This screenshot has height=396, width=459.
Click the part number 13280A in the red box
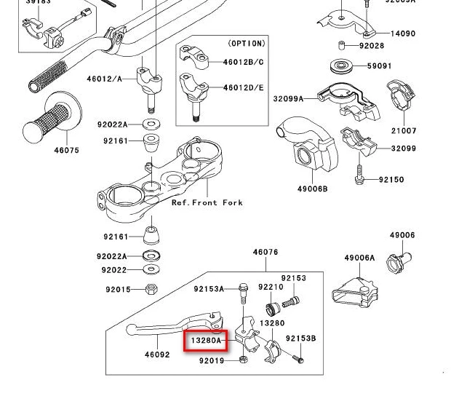coord(206,340)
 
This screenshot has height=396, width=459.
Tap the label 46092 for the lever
coord(157,355)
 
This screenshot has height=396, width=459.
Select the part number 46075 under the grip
coord(66,151)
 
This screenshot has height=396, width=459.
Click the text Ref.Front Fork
coord(207,202)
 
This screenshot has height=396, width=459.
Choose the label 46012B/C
coord(243,62)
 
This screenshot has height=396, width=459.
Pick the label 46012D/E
coord(243,87)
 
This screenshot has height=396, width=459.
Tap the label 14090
coord(403,33)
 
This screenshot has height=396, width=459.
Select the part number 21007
coord(404,131)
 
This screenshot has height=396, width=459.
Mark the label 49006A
coord(359,258)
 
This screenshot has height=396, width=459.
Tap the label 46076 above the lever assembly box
coord(266,253)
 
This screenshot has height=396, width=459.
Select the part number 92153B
coord(300,338)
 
